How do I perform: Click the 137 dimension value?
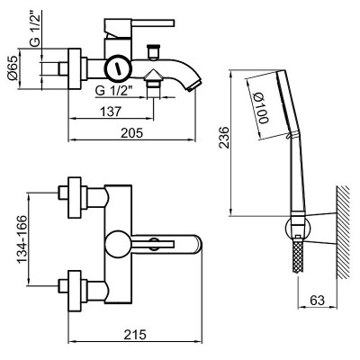111,112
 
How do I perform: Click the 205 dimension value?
132,133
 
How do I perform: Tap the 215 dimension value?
135,335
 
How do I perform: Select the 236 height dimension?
223,138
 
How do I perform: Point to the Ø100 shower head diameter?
260,108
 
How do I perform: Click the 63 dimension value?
318,300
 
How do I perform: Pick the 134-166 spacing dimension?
22,239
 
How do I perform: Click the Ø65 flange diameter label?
13,68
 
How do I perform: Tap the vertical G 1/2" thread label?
35,29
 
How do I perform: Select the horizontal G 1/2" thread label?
113,90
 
